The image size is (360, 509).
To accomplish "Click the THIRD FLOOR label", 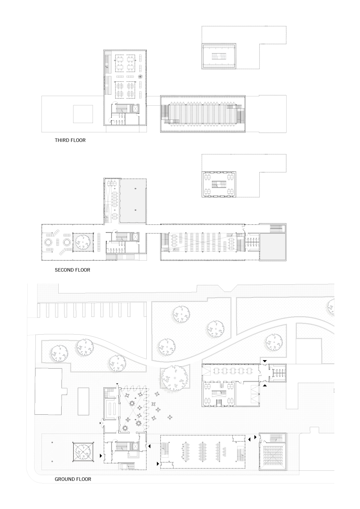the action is tap(70, 140).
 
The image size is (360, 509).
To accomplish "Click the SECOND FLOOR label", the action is tap(73, 270).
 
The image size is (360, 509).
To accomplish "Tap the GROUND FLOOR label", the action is tap(73, 479).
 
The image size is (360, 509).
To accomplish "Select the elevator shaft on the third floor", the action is tap(135, 109).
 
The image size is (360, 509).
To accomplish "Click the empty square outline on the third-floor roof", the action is tap(83, 114).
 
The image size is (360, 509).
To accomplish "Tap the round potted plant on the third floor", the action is tap(141, 77).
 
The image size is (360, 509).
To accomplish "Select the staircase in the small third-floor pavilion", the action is tap(219, 56).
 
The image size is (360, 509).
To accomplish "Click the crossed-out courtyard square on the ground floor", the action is tap(83, 452).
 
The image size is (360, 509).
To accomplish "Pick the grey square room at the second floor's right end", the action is tap(273, 247).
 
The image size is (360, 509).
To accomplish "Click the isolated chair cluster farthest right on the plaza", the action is tap(170, 417).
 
